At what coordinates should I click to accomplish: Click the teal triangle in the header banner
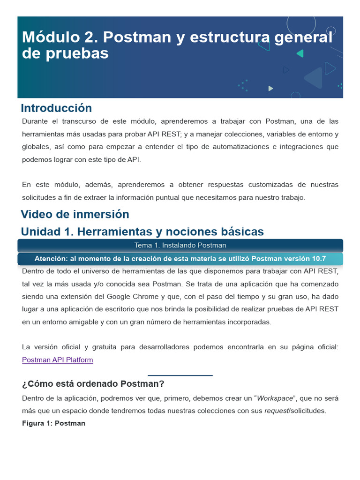pos(300,53)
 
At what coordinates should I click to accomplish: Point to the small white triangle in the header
pos(270,88)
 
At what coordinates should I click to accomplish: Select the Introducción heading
pos(56,108)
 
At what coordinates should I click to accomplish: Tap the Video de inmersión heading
pos(75,214)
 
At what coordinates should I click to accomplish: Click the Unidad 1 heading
pos(142,232)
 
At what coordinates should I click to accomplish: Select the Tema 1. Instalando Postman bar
pos(180,245)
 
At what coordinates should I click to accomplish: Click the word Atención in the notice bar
pos(52,259)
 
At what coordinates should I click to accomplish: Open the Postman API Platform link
pos(58,360)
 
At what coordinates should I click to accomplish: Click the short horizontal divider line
pos(180,375)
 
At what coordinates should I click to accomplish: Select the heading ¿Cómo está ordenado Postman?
pos(93,384)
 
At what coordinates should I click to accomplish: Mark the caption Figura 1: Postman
pos(53,423)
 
